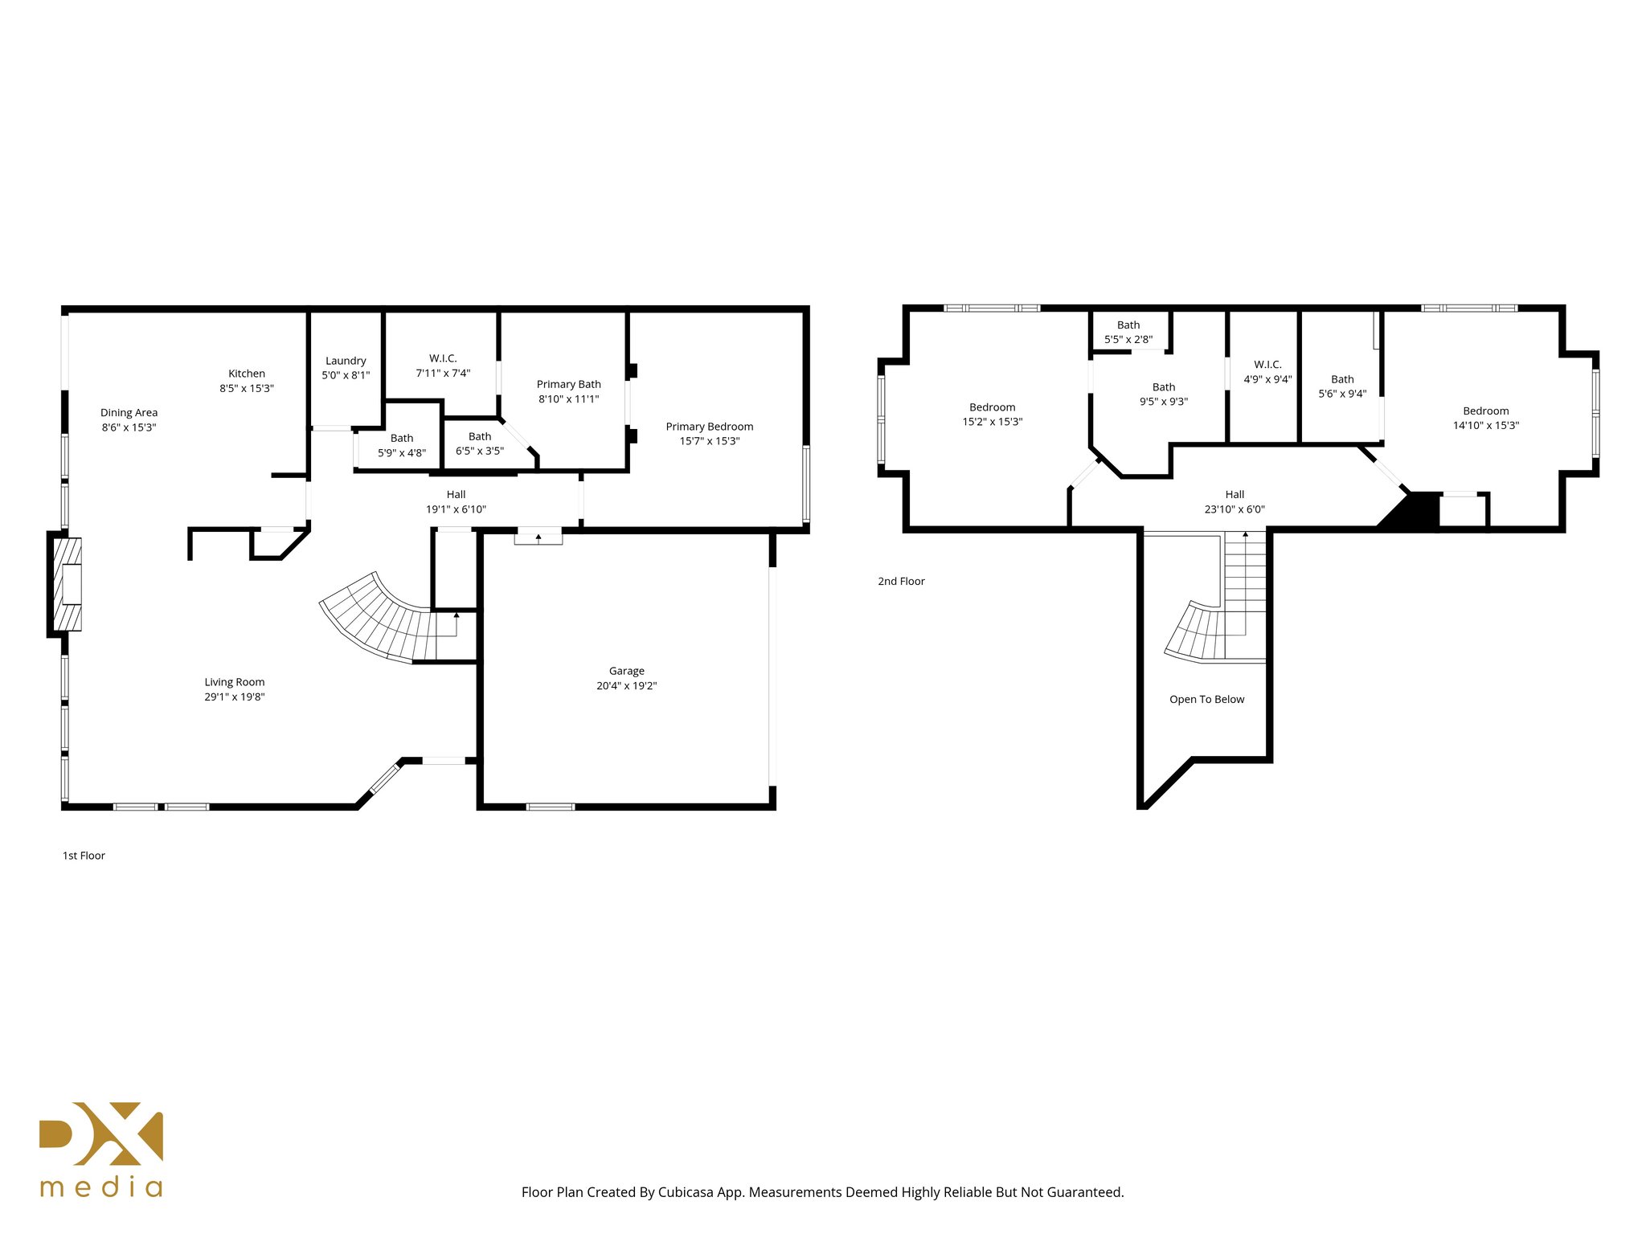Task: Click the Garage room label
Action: pyautogui.click(x=626, y=671)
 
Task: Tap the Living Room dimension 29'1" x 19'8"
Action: pyautogui.click(x=234, y=697)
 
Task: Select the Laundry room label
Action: pyautogui.click(x=346, y=361)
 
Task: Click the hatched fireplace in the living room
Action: pyautogui.click(x=68, y=584)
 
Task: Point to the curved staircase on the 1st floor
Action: pyautogui.click(x=378, y=619)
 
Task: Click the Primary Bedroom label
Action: pyautogui.click(x=709, y=427)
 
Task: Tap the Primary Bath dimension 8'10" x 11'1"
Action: pyautogui.click(x=568, y=398)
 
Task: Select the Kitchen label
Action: pyautogui.click(x=247, y=374)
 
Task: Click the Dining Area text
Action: pyautogui.click(x=129, y=412)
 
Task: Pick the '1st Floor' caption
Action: pyautogui.click(x=84, y=856)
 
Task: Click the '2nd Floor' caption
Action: pyautogui.click(x=901, y=581)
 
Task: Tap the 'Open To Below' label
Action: pyautogui.click(x=1206, y=699)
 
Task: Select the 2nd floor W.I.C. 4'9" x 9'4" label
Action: pyautogui.click(x=1267, y=372)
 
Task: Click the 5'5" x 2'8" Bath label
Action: pyautogui.click(x=1128, y=333)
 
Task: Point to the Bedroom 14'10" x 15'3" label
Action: pyautogui.click(x=1485, y=418)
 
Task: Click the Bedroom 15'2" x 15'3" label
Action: pyautogui.click(x=992, y=415)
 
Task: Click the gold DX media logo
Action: pyautogui.click(x=101, y=1149)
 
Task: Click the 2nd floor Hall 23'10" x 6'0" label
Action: pyautogui.click(x=1234, y=502)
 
